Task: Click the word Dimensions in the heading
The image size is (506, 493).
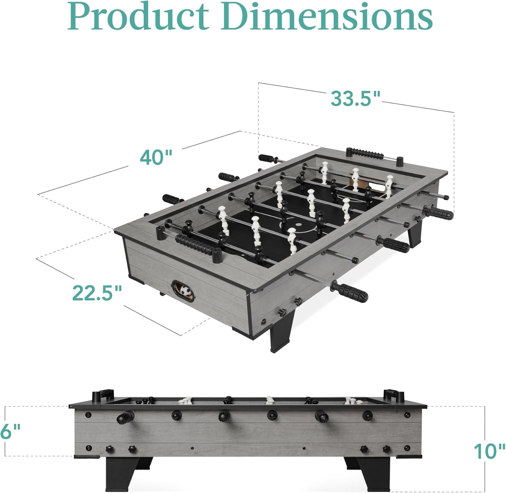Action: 327,16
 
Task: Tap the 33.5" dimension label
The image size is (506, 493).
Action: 355,98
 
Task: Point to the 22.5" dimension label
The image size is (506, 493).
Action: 97,293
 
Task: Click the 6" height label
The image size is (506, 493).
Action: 10,431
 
